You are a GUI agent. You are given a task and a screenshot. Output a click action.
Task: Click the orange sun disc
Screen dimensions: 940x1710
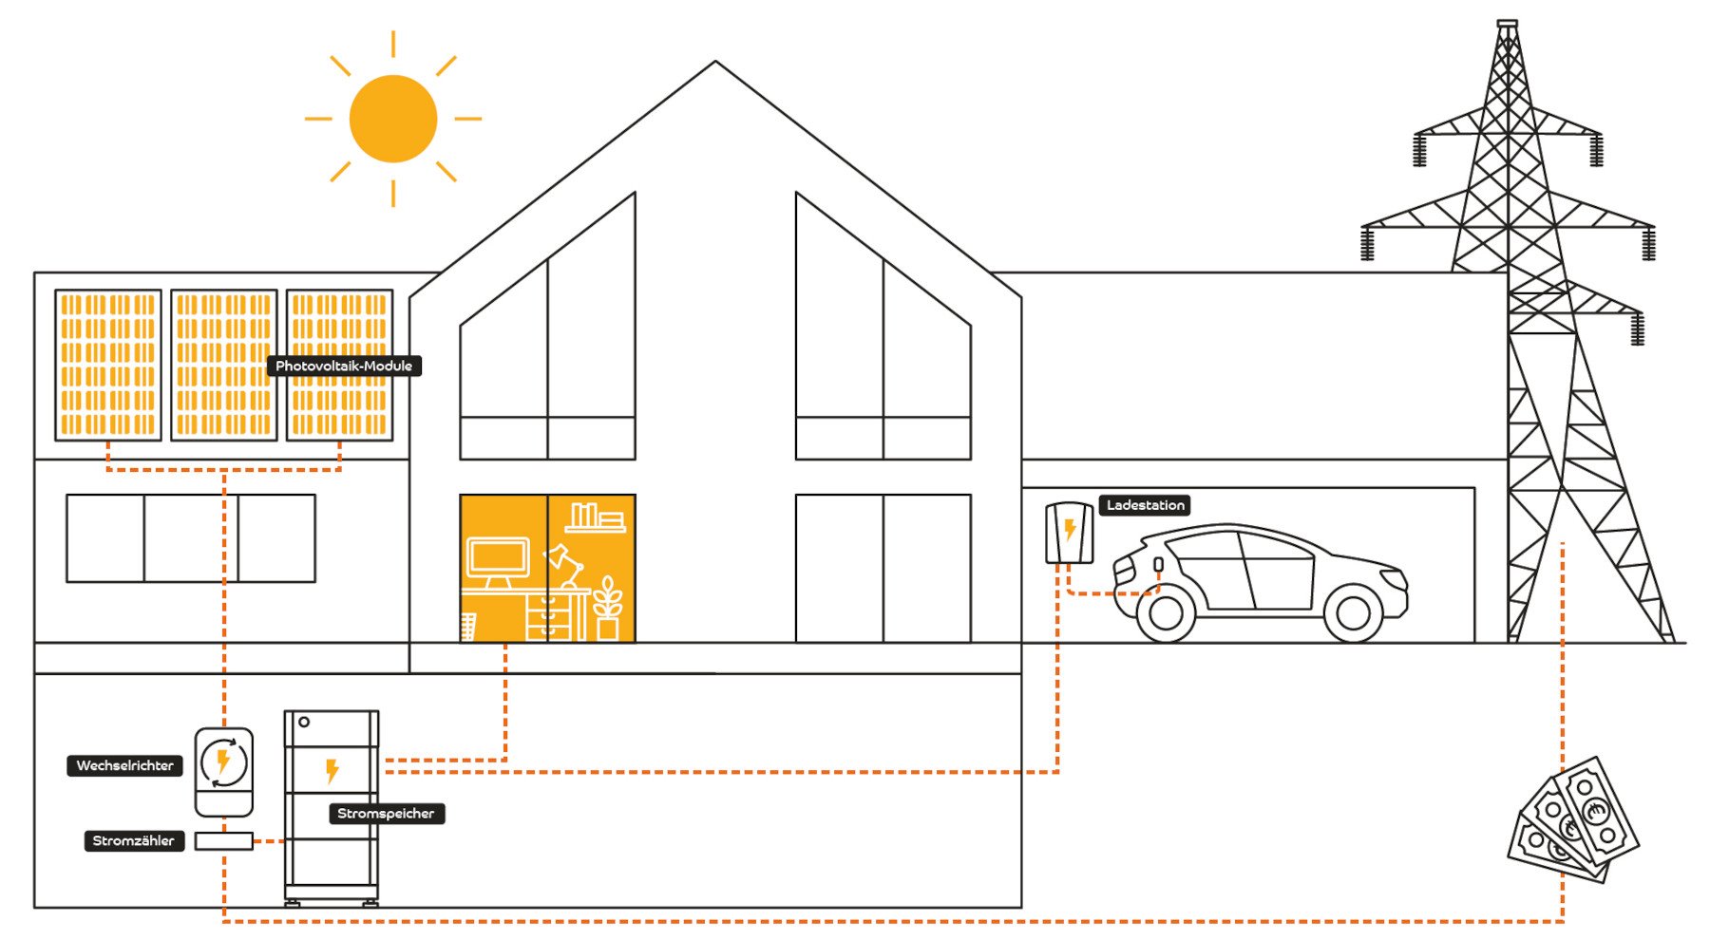tap(392, 119)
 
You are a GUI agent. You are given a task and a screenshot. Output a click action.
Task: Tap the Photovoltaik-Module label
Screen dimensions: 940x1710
tap(344, 366)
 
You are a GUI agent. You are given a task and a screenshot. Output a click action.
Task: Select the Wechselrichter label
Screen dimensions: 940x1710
tap(124, 765)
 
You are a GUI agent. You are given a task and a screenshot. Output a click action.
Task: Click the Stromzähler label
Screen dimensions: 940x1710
tap(133, 840)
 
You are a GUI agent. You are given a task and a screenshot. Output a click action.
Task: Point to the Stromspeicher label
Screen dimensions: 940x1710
tap(386, 814)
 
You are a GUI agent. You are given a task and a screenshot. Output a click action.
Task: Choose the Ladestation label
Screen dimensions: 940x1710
tap(1145, 505)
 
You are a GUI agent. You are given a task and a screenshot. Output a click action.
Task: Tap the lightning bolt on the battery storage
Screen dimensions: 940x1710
tap(332, 770)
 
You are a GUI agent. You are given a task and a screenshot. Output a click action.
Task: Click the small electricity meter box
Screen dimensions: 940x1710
tap(224, 841)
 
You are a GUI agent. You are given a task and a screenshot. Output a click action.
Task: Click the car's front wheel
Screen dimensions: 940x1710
tap(1352, 613)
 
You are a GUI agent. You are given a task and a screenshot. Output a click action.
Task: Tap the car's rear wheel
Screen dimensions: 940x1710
tap(1166, 613)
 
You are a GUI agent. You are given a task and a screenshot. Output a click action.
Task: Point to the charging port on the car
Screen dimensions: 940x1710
tap(1158, 565)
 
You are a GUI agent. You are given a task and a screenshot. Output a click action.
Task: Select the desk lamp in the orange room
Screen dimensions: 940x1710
tap(563, 566)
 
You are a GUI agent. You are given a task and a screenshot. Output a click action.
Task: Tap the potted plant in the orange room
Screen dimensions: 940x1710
tap(608, 609)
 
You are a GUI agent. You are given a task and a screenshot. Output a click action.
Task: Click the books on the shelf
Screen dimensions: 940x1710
tap(594, 517)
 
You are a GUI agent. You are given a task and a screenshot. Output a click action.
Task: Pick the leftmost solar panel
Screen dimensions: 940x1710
tap(107, 366)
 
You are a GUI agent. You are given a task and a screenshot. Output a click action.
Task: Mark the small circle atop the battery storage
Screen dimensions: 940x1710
tap(304, 723)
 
